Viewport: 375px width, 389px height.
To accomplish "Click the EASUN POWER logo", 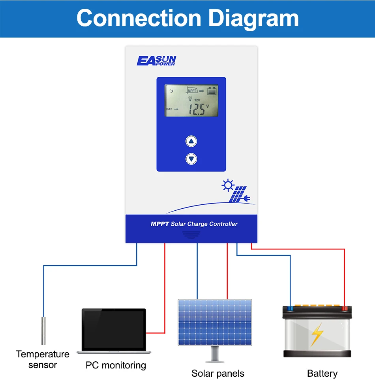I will [156, 60].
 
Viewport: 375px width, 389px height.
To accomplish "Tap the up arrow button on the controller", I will [191, 141].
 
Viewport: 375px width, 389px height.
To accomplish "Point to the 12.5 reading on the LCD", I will [197, 110].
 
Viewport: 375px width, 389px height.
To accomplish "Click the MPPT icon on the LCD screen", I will [192, 91].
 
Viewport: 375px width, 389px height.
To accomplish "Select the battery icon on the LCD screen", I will [212, 91].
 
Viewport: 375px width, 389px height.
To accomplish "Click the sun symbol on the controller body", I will [228, 185].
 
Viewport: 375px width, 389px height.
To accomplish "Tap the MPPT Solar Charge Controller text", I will [194, 224].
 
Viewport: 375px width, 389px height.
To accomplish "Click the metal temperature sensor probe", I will [43, 330].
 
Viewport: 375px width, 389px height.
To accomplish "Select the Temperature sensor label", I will [43, 359].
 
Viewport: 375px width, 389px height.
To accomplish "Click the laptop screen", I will [114, 329].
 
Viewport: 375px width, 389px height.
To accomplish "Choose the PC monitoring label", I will [116, 365].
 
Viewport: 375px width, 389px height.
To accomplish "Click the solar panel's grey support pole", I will [215, 353].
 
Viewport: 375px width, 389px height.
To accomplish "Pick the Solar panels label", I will [218, 374].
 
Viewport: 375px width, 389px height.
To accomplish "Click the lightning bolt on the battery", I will [317, 334].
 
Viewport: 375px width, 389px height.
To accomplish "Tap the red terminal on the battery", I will [345, 308].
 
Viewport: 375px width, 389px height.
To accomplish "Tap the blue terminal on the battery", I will [290, 308].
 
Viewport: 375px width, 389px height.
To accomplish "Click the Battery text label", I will [322, 374].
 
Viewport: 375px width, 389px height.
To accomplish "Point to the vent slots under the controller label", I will [191, 235].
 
